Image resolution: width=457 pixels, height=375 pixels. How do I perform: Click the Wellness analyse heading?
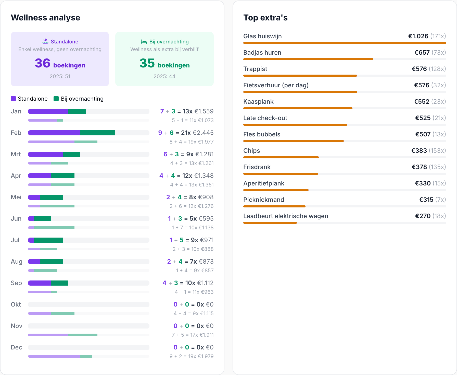(45, 18)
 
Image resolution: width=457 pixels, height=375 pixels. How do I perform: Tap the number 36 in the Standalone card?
(43, 63)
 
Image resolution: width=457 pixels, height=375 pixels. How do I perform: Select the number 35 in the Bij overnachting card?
(147, 63)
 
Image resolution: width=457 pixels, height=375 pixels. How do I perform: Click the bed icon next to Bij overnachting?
(144, 42)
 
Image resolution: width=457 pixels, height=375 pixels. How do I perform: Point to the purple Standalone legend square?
(13, 99)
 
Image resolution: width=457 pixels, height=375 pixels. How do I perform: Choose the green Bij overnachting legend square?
(56, 99)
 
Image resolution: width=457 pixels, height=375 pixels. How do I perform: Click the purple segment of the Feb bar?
(54, 133)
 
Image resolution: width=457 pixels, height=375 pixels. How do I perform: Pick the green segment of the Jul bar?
(48, 240)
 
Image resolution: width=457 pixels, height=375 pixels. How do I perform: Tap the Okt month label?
(16, 304)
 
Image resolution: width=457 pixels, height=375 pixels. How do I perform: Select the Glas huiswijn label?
(262, 36)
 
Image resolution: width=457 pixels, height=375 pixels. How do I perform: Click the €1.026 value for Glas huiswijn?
(418, 36)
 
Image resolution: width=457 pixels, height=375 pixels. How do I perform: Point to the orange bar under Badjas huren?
(308, 59)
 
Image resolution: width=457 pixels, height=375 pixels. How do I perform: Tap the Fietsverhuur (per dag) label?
(276, 85)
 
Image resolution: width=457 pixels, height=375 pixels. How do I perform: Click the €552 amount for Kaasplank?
(422, 102)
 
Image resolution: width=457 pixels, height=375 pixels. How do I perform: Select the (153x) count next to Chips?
(437, 151)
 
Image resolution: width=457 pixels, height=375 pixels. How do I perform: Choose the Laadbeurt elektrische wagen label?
(286, 216)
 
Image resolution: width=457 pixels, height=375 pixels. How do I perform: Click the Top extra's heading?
(265, 18)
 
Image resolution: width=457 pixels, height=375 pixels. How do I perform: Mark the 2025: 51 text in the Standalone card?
(60, 76)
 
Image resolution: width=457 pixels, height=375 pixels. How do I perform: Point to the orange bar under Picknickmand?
(274, 206)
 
